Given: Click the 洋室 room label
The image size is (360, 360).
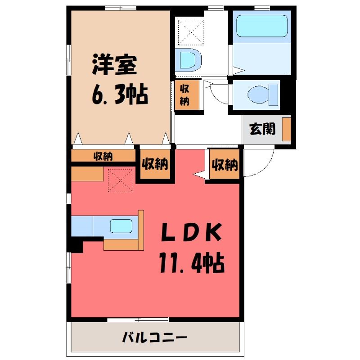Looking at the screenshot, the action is (x=114, y=65).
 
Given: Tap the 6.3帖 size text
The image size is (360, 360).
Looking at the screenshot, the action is (x=120, y=94).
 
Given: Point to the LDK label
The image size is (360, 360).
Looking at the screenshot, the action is (x=192, y=232).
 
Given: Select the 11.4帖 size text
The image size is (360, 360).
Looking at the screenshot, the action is (x=192, y=263).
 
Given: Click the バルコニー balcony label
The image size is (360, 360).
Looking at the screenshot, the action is (x=155, y=337).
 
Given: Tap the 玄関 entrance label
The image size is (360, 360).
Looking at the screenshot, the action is (x=262, y=129).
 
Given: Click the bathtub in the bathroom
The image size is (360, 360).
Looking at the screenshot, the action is (x=262, y=26).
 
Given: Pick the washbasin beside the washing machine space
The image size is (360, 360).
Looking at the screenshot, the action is (x=188, y=60).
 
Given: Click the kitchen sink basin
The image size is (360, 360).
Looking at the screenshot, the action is (x=121, y=226).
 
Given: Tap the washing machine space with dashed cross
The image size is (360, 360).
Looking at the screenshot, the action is (x=191, y=32).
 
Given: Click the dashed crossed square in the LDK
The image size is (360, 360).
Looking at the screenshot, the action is (x=121, y=180).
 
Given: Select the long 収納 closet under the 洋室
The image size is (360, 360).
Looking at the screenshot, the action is (x=103, y=156).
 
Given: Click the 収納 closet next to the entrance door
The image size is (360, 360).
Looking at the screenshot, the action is (x=224, y=164).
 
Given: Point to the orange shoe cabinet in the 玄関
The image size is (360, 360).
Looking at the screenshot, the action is (x=287, y=129).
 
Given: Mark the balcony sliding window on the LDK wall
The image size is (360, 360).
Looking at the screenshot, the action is (x=138, y=319).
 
